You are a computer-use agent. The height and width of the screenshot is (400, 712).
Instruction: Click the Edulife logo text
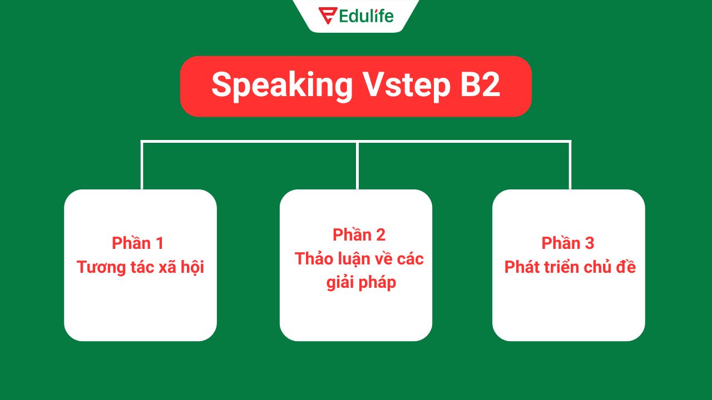365,16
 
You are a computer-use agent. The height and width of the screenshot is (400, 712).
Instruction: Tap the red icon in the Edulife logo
327,16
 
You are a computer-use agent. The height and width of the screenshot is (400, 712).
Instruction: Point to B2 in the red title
479,86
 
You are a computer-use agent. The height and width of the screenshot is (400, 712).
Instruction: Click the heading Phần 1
137,243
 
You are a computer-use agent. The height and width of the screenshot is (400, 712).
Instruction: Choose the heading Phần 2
359,235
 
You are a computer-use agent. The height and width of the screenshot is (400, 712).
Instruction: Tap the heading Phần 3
568,243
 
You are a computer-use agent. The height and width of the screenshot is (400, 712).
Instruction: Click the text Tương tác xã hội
140,267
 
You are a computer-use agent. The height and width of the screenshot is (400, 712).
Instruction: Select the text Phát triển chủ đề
570,267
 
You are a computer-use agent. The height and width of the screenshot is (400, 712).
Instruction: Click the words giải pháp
361,283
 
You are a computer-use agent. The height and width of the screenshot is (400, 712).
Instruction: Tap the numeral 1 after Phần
160,243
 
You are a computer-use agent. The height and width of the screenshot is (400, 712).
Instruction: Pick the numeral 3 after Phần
589,243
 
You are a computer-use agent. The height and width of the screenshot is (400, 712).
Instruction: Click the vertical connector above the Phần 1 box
142,167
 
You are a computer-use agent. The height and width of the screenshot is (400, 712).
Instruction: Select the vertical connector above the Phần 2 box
357,167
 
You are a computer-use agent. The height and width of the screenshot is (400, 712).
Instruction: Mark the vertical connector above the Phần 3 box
570,167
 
